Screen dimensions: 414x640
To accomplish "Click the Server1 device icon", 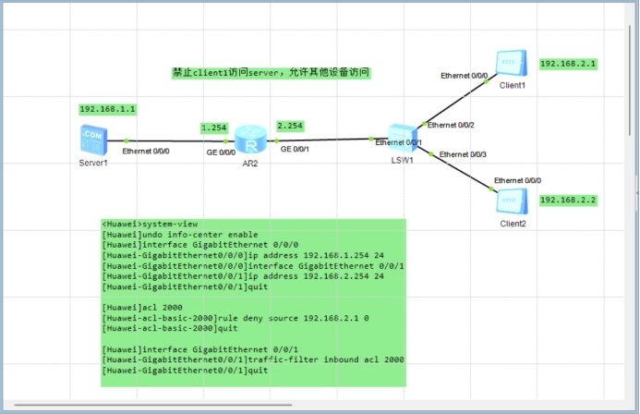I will click(x=92, y=140).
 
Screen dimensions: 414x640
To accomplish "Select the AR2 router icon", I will click(x=248, y=139).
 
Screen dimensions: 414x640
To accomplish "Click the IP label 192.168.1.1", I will click(x=108, y=109).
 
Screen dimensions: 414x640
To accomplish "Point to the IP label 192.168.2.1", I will click(x=568, y=65).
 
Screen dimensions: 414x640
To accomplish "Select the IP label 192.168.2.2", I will click(x=568, y=200).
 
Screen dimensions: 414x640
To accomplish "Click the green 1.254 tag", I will click(x=213, y=127).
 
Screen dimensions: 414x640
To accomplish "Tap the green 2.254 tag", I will click(x=289, y=126).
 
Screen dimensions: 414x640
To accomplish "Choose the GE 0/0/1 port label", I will click(x=296, y=149).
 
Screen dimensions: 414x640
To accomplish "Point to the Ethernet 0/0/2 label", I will click(x=451, y=125).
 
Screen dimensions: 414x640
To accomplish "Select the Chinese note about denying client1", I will click(x=272, y=72).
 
